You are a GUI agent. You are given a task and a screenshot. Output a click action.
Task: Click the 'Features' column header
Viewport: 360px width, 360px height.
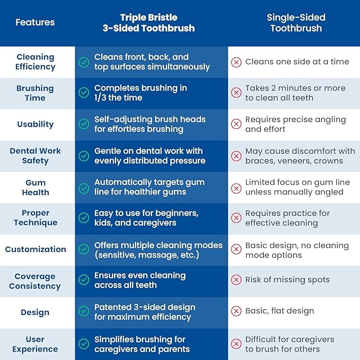[35, 22]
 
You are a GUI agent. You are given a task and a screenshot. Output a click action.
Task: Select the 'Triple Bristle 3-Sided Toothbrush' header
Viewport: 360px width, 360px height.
[148, 23]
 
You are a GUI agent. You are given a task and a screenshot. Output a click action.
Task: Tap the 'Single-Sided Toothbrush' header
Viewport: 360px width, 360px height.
[296, 23]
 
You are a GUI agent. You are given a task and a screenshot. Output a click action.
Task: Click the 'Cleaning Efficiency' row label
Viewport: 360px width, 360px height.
[35, 62]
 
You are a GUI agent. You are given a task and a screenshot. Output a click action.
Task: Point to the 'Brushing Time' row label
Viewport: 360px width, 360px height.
[35, 93]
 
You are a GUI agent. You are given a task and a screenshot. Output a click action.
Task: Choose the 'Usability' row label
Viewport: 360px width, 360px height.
[35, 124]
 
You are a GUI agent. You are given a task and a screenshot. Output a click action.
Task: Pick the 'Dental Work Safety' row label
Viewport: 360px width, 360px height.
[35, 155]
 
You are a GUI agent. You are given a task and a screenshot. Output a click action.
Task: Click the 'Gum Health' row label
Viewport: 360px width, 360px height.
[35, 187]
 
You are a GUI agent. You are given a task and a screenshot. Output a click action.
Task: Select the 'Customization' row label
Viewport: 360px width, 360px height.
[35, 249]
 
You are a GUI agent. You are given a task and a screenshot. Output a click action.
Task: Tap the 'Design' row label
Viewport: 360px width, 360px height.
[35, 312]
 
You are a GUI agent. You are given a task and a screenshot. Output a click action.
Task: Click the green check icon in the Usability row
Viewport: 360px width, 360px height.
[84, 124]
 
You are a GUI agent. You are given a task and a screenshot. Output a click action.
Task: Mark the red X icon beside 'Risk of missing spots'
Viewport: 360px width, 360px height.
[236, 280]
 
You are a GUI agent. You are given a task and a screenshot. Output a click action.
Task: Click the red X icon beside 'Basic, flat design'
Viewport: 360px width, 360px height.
[236, 311]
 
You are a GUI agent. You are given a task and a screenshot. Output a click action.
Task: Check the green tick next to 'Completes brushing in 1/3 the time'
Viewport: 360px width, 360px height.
[84, 93]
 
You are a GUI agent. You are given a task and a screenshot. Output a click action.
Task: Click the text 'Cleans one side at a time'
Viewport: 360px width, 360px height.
[297, 62]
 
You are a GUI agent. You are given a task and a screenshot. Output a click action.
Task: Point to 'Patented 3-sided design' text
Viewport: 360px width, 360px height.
[145, 307]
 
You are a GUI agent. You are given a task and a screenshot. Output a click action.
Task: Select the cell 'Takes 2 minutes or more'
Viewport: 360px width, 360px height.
[295, 88]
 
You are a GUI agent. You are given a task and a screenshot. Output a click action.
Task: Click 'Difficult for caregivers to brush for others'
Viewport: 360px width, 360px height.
[289, 344]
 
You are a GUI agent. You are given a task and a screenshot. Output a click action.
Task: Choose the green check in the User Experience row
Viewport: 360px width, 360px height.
[84, 344]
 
